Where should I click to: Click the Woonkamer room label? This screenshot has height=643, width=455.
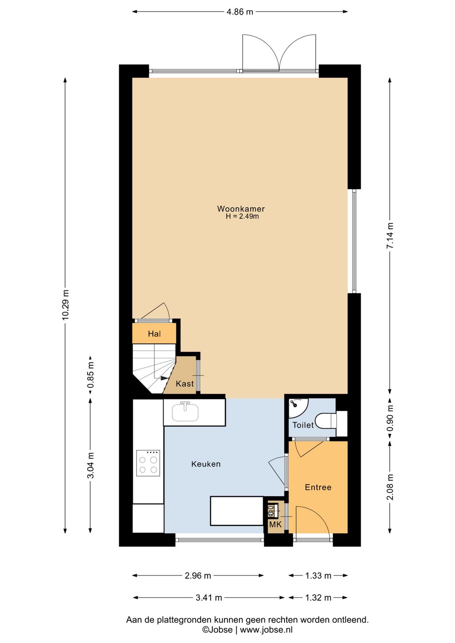click(x=241, y=209)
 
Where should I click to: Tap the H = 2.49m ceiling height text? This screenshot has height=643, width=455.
click(x=242, y=217)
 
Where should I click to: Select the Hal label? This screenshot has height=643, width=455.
click(x=154, y=334)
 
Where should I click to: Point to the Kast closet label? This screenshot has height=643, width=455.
click(x=185, y=383)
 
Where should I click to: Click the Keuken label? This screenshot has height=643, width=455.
click(x=206, y=464)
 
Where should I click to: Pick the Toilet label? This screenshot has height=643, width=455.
click(x=303, y=425)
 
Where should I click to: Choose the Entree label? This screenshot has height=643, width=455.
click(x=318, y=487)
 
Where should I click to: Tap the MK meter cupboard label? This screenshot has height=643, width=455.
click(x=275, y=525)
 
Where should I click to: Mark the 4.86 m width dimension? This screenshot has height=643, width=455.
click(x=240, y=12)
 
